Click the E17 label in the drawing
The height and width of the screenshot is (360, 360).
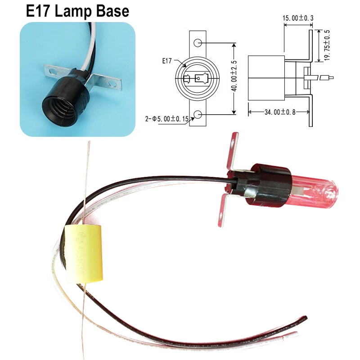[x=166, y=60]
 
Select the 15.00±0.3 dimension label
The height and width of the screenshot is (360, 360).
[x=297, y=18]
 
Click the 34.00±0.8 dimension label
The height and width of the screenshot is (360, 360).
[x=279, y=112]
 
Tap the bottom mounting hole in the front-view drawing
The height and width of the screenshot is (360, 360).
[x=198, y=116]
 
